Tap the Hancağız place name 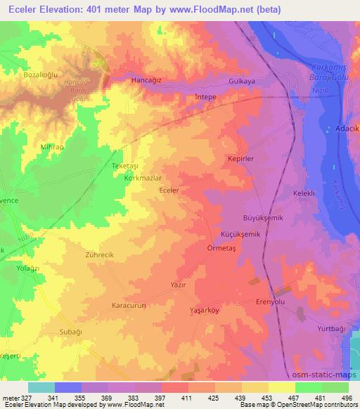146,82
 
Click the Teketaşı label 108,164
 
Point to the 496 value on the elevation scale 347,396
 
